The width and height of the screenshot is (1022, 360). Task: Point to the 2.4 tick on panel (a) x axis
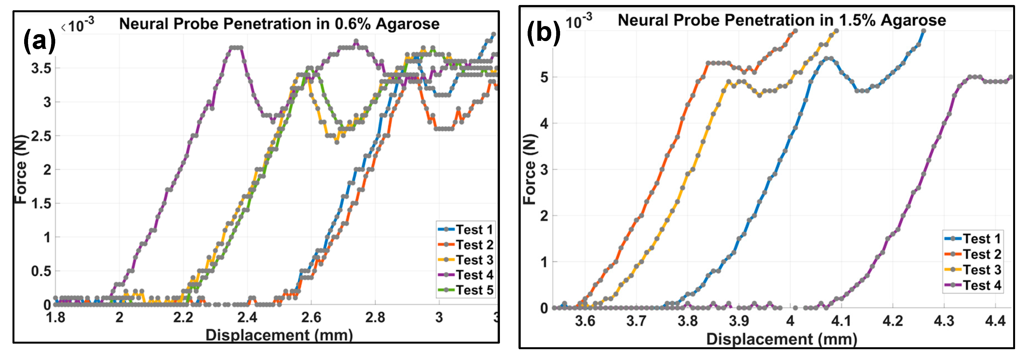[x=247, y=318]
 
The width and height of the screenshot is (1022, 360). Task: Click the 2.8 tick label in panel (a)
[x=375, y=318]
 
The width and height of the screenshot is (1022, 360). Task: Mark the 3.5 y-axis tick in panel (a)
[x=41, y=68]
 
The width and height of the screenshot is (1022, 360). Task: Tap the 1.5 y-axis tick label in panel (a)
[x=41, y=204]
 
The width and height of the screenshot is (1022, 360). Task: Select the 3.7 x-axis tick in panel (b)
[x=636, y=321]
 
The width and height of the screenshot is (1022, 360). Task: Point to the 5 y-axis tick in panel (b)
[x=544, y=77]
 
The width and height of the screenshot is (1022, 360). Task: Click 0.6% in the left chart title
[x=353, y=24]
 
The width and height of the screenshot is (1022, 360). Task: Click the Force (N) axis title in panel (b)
[x=530, y=170]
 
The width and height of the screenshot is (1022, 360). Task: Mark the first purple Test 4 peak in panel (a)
[x=236, y=48]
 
